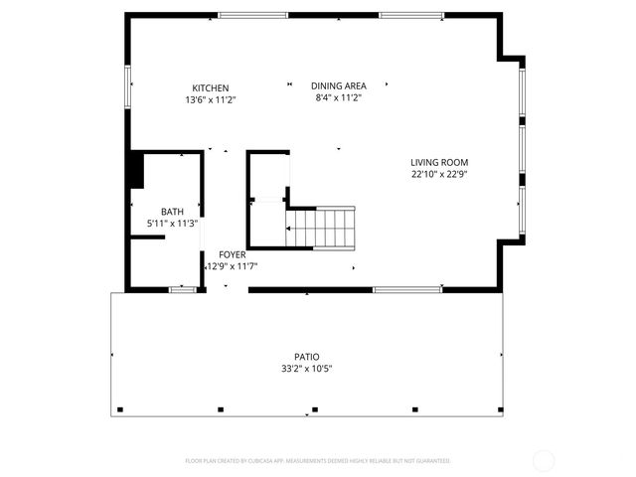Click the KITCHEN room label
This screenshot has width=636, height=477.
pyautogui.click(x=210, y=87)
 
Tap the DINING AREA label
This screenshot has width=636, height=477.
pyautogui.click(x=338, y=85)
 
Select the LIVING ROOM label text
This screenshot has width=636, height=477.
pyautogui.click(x=439, y=162)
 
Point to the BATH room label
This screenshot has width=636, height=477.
pyautogui.click(x=172, y=212)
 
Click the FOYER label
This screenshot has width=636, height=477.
pyautogui.click(x=232, y=254)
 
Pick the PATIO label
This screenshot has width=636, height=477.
pyautogui.click(x=306, y=357)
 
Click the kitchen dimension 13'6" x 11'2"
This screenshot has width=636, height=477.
pyautogui.click(x=210, y=99)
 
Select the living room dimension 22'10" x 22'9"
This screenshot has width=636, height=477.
pyautogui.click(x=439, y=174)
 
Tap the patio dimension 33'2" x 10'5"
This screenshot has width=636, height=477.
pyautogui.click(x=306, y=369)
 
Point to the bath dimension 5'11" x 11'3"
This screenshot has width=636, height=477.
pyautogui.click(x=172, y=224)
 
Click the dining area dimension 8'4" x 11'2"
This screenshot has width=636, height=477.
pyautogui.click(x=338, y=97)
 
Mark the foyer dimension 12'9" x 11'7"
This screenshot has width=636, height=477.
pyautogui.click(x=232, y=266)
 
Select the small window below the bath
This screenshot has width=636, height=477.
pyautogui.click(x=182, y=289)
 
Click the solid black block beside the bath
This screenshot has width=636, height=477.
pyautogui.click(x=135, y=169)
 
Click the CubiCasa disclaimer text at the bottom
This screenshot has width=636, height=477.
pyautogui.click(x=318, y=461)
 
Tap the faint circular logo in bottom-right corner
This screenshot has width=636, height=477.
pyautogui.click(x=544, y=461)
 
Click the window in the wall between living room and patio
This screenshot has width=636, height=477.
pyautogui.click(x=407, y=289)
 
